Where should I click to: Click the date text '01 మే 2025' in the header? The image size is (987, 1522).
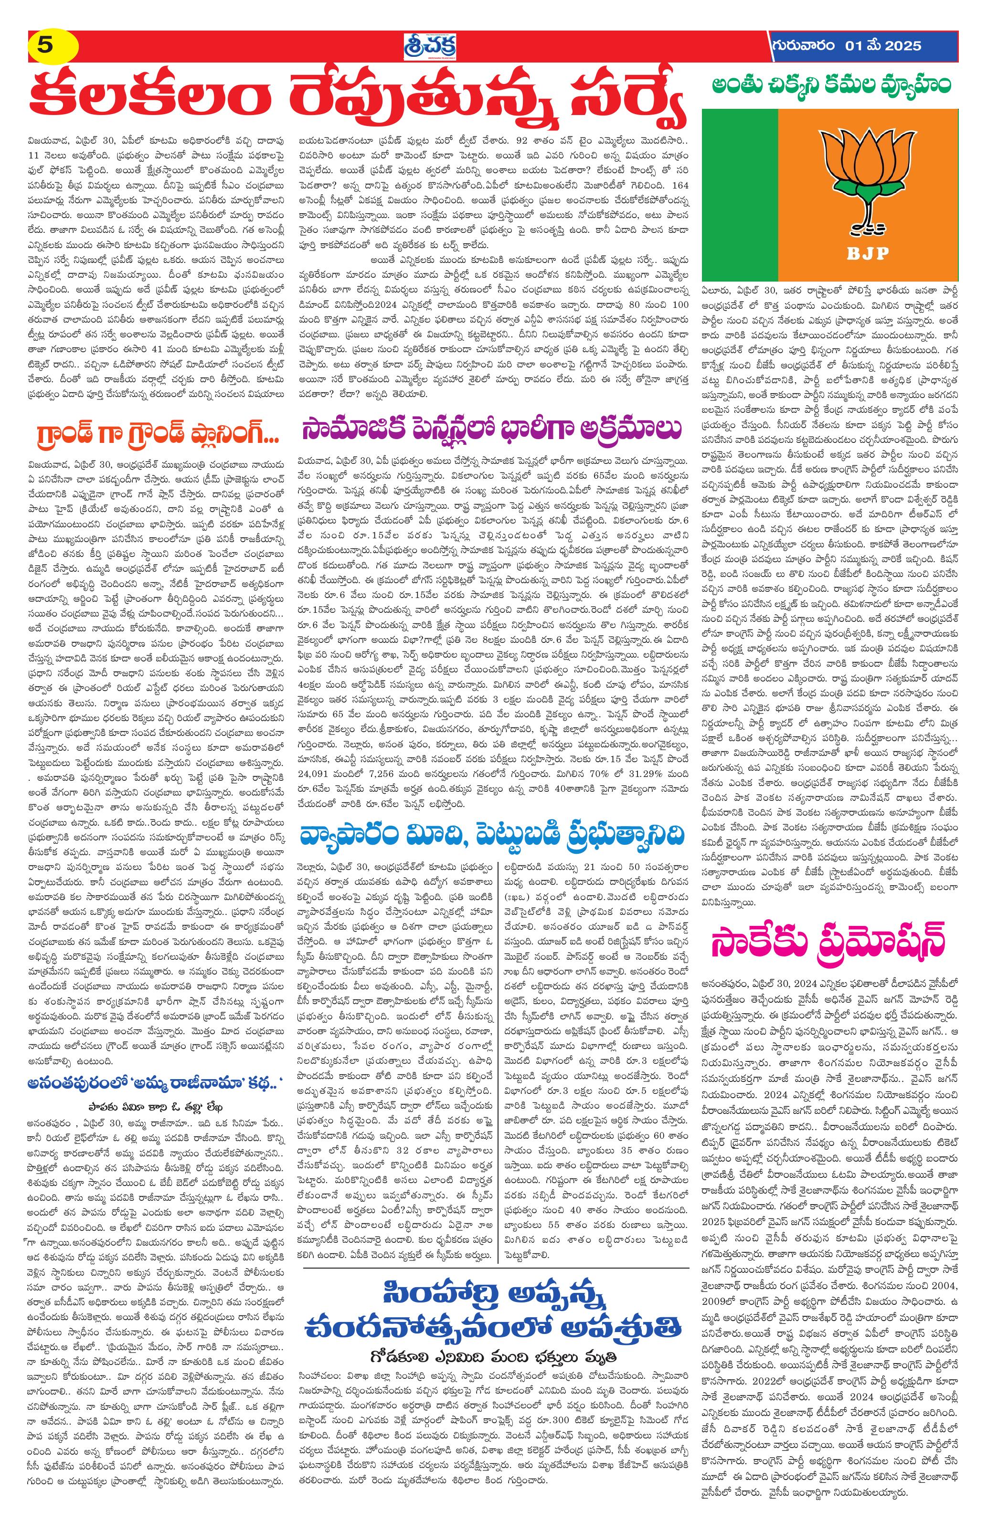point(883,46)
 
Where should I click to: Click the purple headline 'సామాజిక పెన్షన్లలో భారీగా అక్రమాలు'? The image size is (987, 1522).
point(492,430)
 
